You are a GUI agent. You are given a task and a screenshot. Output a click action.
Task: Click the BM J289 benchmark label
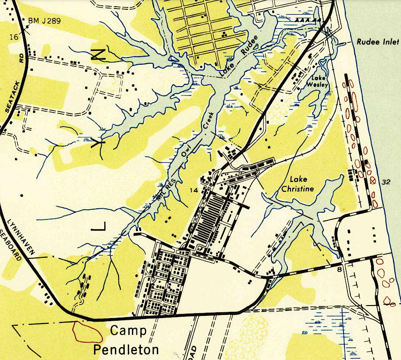(x=45, y=20)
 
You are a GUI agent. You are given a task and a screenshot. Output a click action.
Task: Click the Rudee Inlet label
(x=378, y=42)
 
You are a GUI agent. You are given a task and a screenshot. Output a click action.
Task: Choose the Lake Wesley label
(x=318, y=81)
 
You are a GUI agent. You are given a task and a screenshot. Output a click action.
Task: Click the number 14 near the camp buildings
(x=193, y=190)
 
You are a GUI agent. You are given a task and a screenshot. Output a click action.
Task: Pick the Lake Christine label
(x=297, y=184)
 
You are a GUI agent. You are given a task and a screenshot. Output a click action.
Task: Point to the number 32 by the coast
(x=386, y=182)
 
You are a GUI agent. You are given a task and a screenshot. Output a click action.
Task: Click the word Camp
(x=128, y=331)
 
